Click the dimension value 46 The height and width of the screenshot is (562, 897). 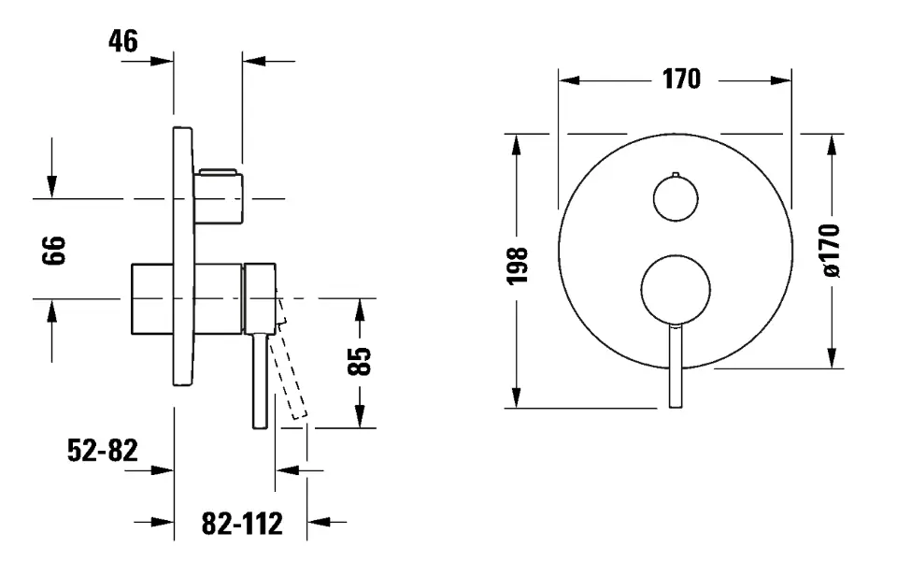click(x=123, y=41)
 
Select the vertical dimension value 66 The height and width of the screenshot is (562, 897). click(x=54, y=250)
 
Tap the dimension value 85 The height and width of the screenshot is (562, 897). click(x=360, y=361)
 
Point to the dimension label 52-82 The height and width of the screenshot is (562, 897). click(x=103, y=451)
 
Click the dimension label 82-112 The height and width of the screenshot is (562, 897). click(x=242, y=523)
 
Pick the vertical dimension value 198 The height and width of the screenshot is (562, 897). click(x=517, y=266)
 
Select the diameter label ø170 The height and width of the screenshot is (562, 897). click(x=833, y=251)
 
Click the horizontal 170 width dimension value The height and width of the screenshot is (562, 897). click(x=681, y=79)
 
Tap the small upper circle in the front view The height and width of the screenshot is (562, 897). click(x=676, y=198)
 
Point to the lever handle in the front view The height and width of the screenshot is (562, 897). click(x=676, y=366)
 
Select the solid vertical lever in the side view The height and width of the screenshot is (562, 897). click(x=261, y=381)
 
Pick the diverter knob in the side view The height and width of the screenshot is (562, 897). click(x=219, y=197)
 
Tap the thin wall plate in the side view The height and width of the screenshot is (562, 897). click(x=184, y=256)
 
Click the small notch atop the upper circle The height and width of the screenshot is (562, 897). click(x=676, y=174)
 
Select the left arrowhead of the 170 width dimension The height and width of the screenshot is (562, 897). click(x=569, y=80)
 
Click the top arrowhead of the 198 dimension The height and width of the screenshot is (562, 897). click(x=516, y=144)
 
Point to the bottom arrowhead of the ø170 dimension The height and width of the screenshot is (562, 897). click(x=833, y=358)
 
